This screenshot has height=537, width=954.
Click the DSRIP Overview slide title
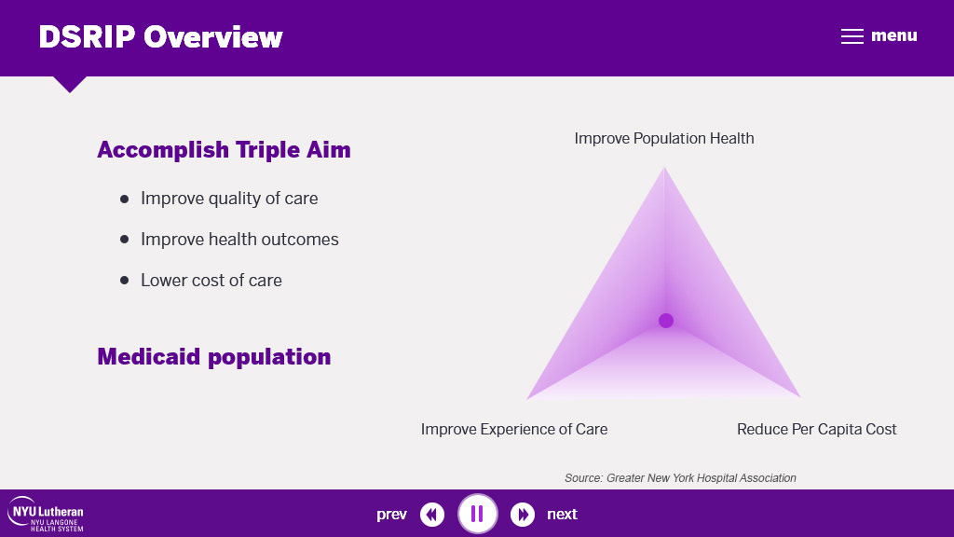tap(160, 37)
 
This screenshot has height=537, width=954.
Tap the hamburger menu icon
tap(852, 36)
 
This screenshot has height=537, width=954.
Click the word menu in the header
tap(893, 36)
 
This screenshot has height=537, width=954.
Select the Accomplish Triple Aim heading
tap(224, 150)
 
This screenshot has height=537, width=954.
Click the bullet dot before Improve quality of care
tap(124, 199)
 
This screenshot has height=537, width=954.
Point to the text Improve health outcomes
tap(239, 240)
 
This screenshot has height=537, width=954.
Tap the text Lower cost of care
tap(211, 280)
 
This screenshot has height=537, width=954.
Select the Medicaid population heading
tap(214, 357)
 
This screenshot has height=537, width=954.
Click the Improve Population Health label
tap(664, 138)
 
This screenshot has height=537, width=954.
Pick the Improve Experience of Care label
tap(514, 429)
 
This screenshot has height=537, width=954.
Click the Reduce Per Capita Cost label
tap(816, 429)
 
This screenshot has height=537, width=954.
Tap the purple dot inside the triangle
tap(665, 321)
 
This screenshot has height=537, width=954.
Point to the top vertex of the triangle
tap(664, 168)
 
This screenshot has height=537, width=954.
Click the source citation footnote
tap(680, 478)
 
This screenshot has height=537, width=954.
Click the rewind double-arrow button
tap(432, 515)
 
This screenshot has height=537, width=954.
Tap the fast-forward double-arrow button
tap(523, 515)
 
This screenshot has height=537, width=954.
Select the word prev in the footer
tap(391, 515)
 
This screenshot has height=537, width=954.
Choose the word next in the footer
tap(562, 515)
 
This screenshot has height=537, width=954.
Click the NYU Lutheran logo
tap(46, 515)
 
